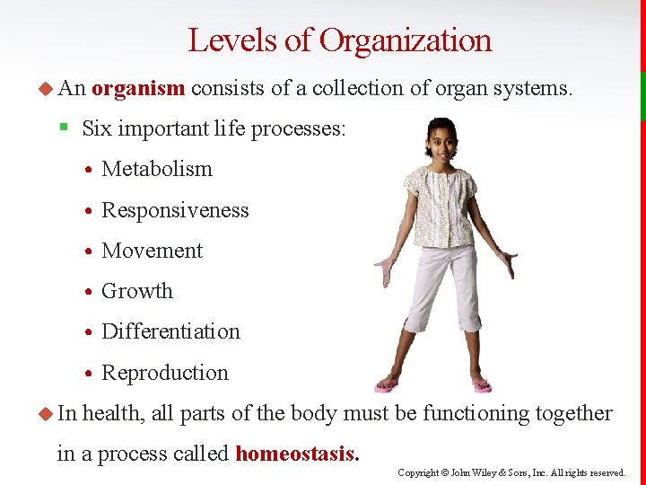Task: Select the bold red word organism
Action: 138,88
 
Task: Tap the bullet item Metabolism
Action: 157,169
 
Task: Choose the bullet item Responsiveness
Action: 175,210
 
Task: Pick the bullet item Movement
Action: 153,251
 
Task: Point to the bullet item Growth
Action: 137,291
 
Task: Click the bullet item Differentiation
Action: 170,331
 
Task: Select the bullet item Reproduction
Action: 165,373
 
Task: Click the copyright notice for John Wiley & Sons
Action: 512,472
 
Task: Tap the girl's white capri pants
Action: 440,287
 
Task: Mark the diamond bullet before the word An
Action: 47,88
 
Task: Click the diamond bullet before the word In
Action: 47,413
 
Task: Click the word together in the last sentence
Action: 573,413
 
